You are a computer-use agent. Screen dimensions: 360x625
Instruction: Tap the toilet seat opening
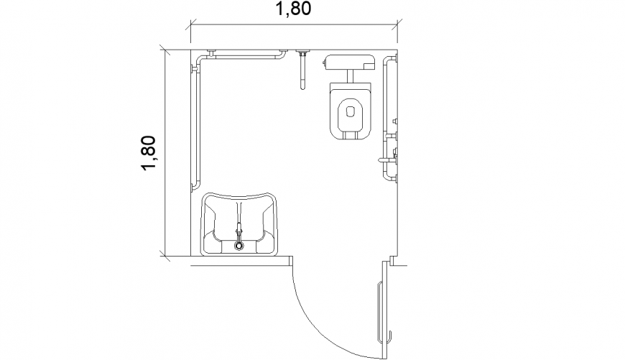pos(350,112)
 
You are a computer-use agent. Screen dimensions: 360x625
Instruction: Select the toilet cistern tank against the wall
pos(350,62)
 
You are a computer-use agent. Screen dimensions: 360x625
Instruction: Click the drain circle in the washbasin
pos(239,246)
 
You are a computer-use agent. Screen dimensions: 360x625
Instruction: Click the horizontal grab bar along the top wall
pos(241,54)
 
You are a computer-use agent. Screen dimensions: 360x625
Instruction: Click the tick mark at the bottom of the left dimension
pos(165,256)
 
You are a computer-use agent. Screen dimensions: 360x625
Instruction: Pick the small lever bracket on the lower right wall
pos(382,160)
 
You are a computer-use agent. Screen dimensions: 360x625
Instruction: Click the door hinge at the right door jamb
pos(385,264)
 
